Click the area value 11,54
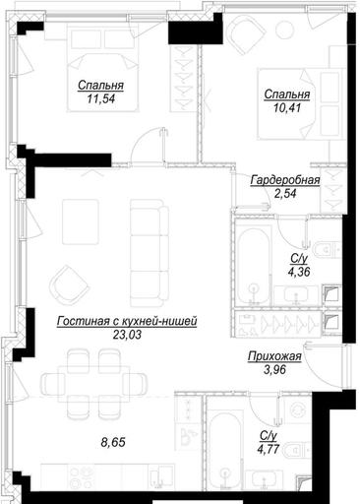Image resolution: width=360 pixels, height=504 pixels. coord(101,98)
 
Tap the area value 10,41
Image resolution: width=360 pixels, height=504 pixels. coord(287,107)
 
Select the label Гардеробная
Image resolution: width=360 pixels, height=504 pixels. coord(285,180)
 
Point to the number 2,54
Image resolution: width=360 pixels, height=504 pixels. coord(285,194)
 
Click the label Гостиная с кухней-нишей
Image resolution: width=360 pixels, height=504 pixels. coord(127,321)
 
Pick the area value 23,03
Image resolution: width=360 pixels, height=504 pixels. coord(127,335)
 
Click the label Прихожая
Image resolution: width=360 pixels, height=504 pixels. coord(274,356)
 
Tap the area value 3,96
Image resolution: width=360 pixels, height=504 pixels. coord(274,370)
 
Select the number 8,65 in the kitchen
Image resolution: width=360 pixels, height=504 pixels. coord(113,442)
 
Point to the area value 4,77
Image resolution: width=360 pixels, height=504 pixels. coord(269,449)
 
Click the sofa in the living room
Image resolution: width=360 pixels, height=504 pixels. coord(150,253)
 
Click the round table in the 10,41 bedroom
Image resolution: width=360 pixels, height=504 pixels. coord(284,30)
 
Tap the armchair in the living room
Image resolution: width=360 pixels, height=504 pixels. coord(69,285)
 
